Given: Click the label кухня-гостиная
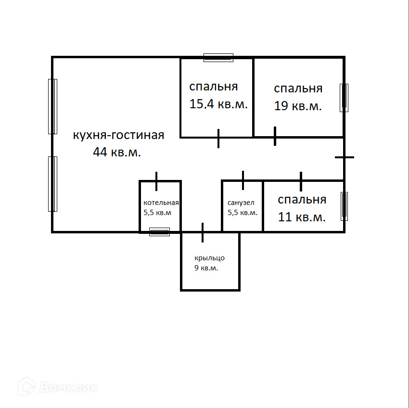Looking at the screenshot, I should pyautogui.click(x=118, y=135).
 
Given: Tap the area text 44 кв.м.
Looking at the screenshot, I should pyautogui.click(x=117, y=152).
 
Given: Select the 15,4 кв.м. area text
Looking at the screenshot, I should pyautogui.click(x=218, y=104).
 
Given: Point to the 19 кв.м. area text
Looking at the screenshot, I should pyautogui.click(x=298, y=106).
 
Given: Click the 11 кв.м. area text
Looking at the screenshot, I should pyautogui.click(x=302, y=217).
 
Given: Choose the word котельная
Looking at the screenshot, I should pyautogui.click(x=161, y=203).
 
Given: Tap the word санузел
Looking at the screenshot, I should pyautogui.click(x=241, y=203).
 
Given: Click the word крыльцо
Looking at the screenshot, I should pyautogui.click(x=209, y=258).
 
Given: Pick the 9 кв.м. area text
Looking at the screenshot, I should pyautogui.click(x=206, y=268).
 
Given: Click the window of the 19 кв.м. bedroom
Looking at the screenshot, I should pyautogui.click(x=344, y=98).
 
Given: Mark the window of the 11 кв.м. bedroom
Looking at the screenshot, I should pyautogui.click(x=344, y=206).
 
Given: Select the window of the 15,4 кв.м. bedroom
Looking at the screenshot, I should pyautogui.click(x=218, y=58).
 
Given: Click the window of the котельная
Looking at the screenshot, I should pyautogui.click(x=159, y=232).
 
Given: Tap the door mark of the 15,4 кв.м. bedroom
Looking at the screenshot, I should pyautogui.click(x=218, y=138).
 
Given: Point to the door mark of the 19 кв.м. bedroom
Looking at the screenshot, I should pyautogui.click(x=275, y=136).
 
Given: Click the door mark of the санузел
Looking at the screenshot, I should pyautogui.click(x=243, y=180).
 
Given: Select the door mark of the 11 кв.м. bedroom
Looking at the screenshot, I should pyautogui.click(x=301, y=181).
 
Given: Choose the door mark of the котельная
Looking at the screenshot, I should pyautogui.click(x=156, y=181).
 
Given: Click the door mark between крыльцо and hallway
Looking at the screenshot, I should pyautogui.click(x=203, y=232).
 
